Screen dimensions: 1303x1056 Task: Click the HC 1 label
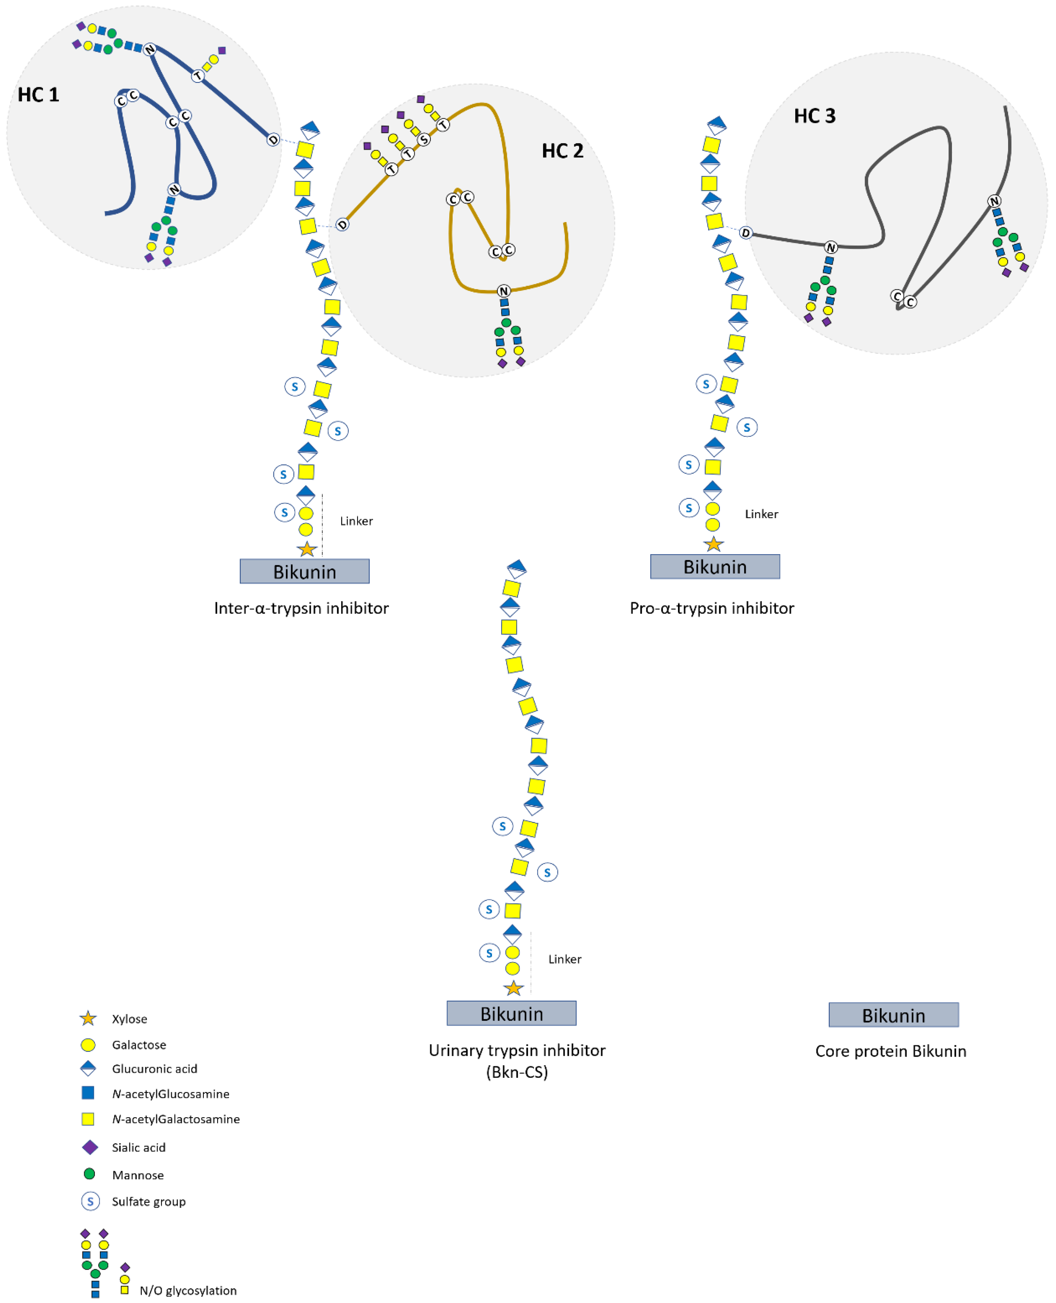(x=38, y=95)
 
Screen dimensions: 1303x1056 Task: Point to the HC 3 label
(x=815, y=116)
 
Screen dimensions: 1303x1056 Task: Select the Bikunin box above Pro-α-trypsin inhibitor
(x=715, y=567)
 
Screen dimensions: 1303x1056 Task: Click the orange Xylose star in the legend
(x=88, y=1018)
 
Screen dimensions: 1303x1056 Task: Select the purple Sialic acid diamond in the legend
(x=90, y=1147)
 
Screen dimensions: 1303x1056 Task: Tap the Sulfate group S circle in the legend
(x=90, y=1201)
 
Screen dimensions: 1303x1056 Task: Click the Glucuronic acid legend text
(x=154, y=1069)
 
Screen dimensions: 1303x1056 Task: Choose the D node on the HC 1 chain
(x=273, y=140)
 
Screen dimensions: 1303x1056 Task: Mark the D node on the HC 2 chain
(x=342, y=225)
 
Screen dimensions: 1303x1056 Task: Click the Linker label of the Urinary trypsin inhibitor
(x=564, y=959)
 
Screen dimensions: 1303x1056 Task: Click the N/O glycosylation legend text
(x=188, y=1290)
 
